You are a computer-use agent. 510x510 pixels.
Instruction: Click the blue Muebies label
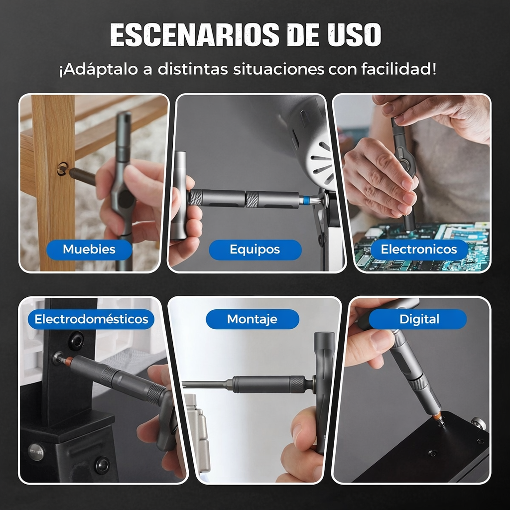(x=89, y=249)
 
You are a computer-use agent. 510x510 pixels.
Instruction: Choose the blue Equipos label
(x=255, y=250)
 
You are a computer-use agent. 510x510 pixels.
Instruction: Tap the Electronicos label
(x=418, y=250)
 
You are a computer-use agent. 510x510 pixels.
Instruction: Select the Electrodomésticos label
(x=91, y=319)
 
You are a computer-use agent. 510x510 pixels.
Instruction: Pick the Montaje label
(x=252, y=319)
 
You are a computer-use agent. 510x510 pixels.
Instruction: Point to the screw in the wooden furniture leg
(x=62, y=169)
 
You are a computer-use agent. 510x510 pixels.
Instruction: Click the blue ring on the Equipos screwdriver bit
(x=303, y=201)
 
